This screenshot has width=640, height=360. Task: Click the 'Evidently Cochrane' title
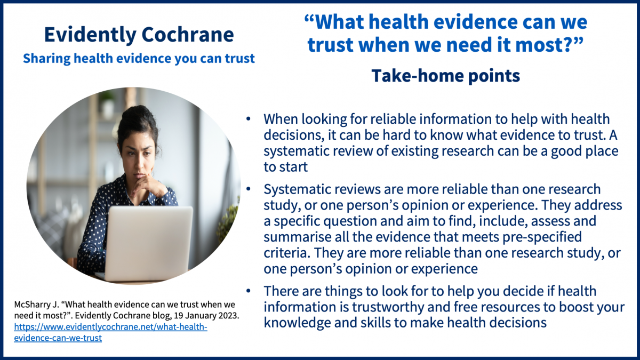pos(139,35)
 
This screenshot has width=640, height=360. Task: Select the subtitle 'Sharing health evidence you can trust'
pos(139,58)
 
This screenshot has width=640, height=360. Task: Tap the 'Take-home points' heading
pos(446,76)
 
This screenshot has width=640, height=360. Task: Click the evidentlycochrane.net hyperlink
pos(110,332)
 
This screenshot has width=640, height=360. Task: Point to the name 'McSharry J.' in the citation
pos(36,305)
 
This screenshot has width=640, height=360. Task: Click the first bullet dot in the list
pos(248,118)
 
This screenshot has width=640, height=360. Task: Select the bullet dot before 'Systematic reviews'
pos(248,189)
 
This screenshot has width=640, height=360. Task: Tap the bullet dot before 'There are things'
pos(248,291)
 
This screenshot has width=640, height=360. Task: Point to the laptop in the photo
pos(148,243)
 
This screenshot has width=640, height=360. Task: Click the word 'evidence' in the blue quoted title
pos(454,22)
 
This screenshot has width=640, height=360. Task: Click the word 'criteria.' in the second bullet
pos(286,253)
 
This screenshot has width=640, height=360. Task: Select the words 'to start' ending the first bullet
pos(285,167)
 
